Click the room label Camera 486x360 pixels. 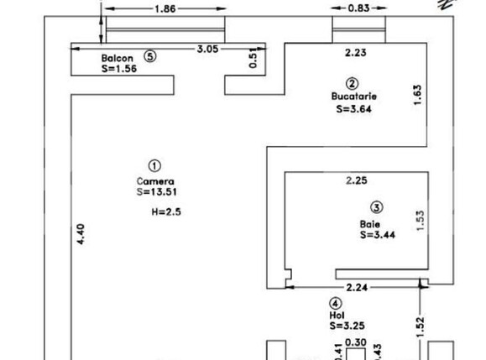155,181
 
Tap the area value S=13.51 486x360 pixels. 157,192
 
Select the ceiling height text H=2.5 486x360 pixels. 166,212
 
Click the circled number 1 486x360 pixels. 154,166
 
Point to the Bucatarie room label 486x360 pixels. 354,97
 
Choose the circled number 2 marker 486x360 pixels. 352,84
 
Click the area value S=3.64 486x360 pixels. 353,109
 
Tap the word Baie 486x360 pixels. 370,224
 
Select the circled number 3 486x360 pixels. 377,207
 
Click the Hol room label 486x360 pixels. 337,316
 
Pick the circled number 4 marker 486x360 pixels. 336,303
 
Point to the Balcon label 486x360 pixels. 118,58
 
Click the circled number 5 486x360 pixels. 150,56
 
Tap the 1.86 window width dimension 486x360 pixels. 165,8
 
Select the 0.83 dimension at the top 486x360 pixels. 358,8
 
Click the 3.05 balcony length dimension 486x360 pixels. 207,49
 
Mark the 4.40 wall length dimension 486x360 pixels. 81,234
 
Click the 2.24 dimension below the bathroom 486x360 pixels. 357,288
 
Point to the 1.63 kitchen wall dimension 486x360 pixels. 418,95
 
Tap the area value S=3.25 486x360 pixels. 348,326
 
